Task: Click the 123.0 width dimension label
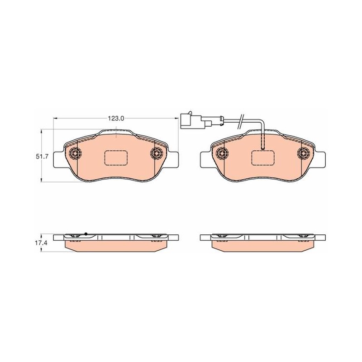116,119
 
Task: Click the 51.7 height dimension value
42,157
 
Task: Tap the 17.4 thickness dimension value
42,243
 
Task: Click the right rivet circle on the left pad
157,152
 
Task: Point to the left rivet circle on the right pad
222,152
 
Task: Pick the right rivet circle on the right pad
303,152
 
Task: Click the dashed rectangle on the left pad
116,158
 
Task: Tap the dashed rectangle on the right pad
263,158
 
